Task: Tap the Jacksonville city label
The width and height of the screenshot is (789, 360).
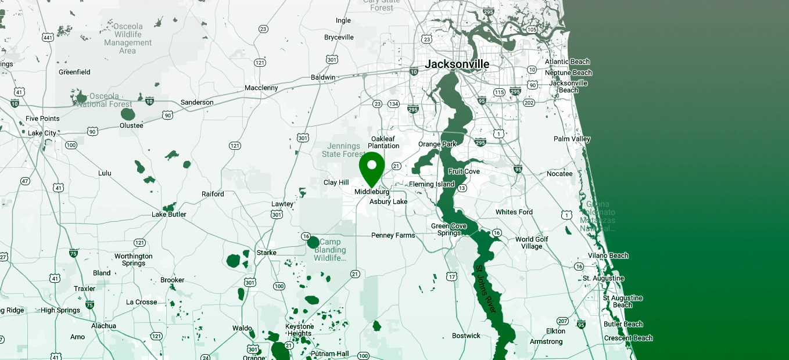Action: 457,64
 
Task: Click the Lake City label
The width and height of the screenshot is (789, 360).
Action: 42,133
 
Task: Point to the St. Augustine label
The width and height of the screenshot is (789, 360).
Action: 603,279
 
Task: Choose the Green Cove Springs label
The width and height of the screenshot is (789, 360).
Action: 449,229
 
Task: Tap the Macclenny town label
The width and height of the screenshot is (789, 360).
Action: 261,88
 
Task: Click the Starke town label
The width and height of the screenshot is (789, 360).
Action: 267,253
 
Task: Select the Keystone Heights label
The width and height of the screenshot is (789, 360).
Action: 299,330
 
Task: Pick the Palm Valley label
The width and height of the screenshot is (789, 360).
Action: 572,139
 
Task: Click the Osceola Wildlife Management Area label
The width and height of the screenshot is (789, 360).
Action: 128,39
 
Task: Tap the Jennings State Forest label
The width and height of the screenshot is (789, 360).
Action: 344,150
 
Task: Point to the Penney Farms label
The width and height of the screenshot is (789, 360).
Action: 393,235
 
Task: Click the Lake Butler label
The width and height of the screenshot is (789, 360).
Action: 169,214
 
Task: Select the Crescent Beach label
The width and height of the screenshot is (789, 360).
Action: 628,338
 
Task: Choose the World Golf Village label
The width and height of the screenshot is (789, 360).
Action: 532,243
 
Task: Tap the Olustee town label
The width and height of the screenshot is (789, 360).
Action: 131,125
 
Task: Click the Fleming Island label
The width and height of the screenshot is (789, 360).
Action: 432,185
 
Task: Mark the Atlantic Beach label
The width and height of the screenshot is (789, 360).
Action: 567,62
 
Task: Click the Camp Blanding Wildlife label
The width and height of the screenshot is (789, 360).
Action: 330,250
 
